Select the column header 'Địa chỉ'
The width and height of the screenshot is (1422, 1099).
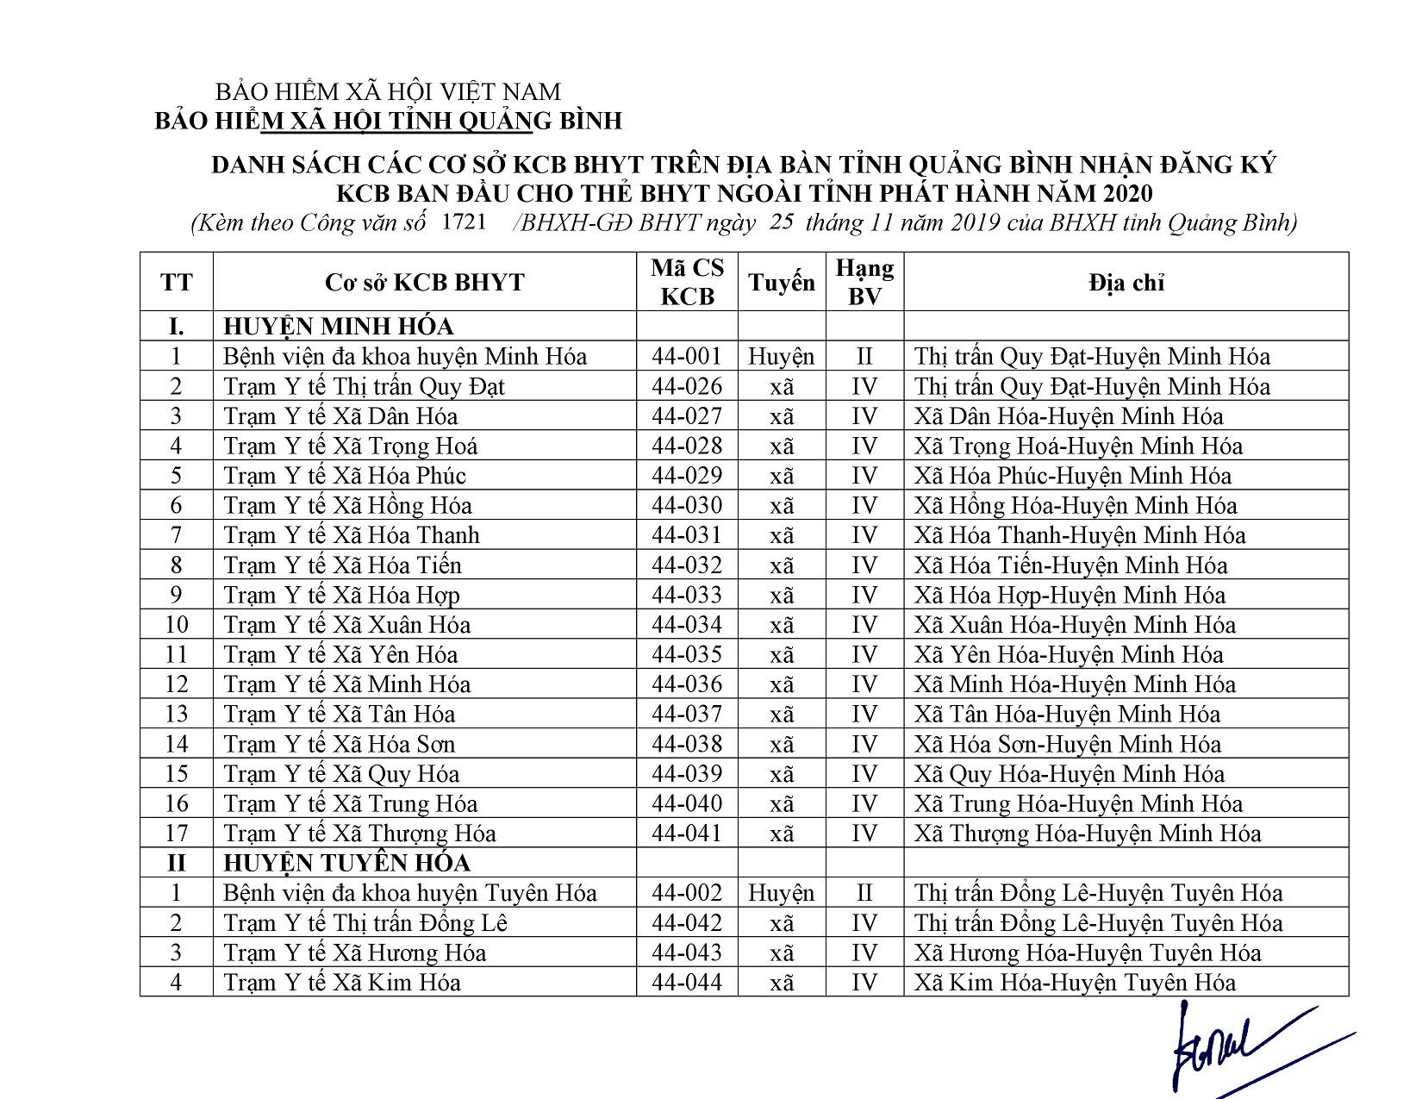coord(1126,283)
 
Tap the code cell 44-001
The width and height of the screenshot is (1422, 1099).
coord(687,356)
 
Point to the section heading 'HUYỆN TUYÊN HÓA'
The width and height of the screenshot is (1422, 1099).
coord(346,863)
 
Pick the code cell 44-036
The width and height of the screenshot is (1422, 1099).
coord(687,684)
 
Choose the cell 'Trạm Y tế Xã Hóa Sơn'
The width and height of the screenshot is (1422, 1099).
coord(339,744)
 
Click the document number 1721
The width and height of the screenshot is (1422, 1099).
coord(464,221)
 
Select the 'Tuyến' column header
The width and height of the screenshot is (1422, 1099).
coord(781,283)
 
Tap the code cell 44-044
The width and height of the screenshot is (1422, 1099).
coord(687,982)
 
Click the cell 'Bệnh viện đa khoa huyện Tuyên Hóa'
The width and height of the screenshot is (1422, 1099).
coord(409,893)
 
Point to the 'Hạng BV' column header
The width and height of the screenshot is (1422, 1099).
coord(864,282)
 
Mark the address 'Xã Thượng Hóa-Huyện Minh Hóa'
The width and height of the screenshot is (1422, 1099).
coord(1087,834)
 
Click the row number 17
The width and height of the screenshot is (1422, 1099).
coord(176,834)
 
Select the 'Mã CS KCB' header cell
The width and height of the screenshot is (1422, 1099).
coord(687,282)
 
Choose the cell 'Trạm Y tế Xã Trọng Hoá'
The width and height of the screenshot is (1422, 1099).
coord(350,446)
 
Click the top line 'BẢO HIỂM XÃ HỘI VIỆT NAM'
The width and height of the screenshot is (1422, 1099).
coord(387,91)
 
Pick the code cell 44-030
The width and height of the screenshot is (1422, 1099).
coord(687,505)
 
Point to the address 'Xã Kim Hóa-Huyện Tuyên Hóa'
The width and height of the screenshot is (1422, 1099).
coord(1075,982)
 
